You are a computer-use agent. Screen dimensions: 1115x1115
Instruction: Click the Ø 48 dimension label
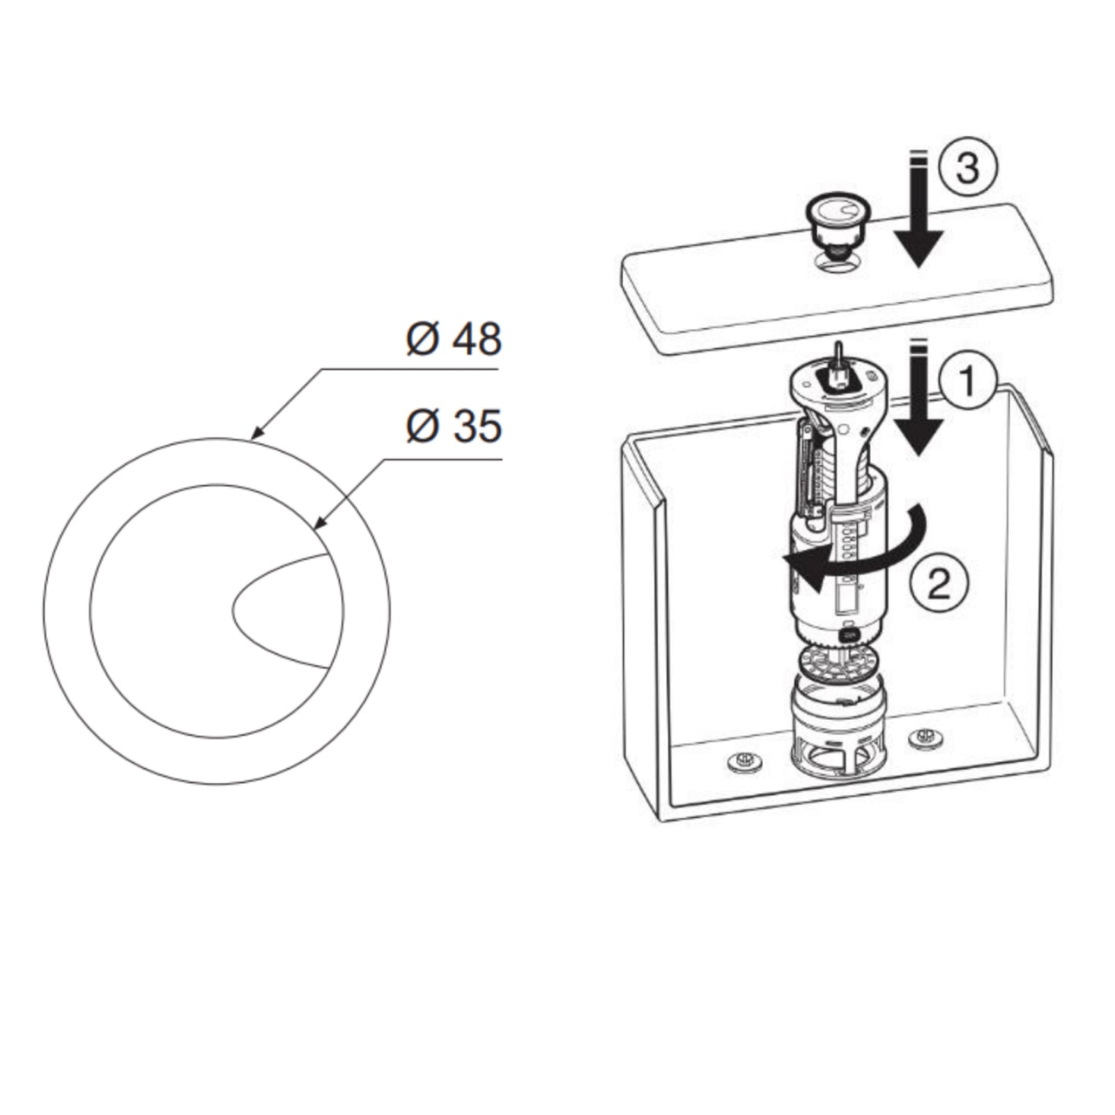[x=454, y=339]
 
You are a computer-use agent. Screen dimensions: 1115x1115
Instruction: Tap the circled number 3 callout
[x=967, y=168]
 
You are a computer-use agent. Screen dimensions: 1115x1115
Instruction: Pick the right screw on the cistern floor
[x=925, y=736]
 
